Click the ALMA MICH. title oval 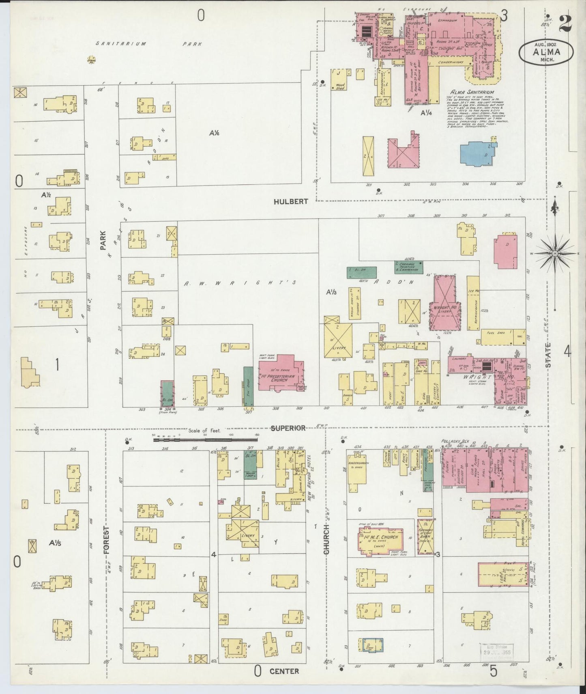point(547,52)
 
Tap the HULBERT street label point(291,201)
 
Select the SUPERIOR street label point(288,428)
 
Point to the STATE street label point(548,356)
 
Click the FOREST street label point(107,540)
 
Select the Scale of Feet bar point(206,439)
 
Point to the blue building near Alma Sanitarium point(478,153)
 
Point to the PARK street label point(103,240)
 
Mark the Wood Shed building point(339,79)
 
